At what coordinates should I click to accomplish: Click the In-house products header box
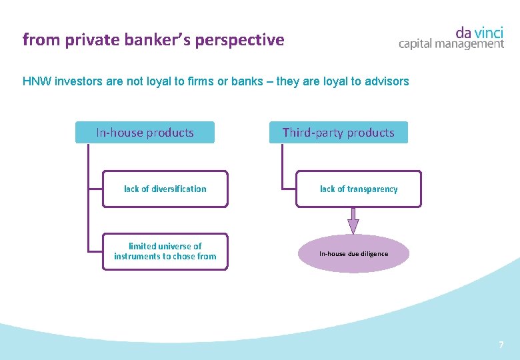pyautogui.click(x=145, y=133)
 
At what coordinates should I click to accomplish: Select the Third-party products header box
pyautogui.click(x=338, y=133)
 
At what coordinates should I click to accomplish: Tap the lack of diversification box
pyautogui.click(x=165, y=189)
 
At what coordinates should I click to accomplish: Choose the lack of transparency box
pyautogui.click(x=359, y=189)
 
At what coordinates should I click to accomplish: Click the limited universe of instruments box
pyautogui.click(x=165, y=251)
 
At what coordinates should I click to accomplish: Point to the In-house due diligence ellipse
pyautogui.click(x=353, y=254)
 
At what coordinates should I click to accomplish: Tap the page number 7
pyautogui.click(x=501, y=345)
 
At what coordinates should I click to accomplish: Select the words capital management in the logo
pyautogui.click(x=451, y=44)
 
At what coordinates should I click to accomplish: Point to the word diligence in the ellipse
pyautogui.click(x=373, y=254)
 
